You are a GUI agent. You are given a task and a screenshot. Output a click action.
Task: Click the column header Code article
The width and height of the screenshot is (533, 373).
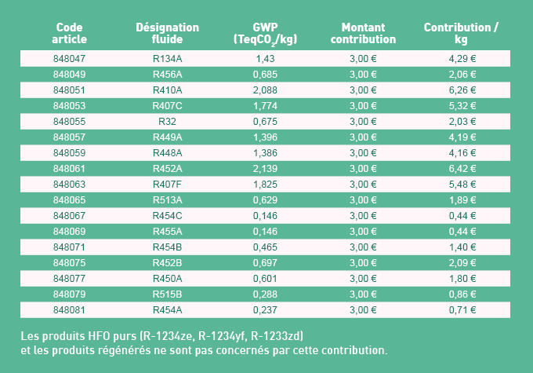click(70, 33)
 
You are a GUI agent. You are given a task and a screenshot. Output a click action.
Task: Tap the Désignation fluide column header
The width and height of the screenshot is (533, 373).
click(167, 33)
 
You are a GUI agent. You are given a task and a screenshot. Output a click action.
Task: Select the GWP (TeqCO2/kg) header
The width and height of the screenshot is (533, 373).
click(265, 33)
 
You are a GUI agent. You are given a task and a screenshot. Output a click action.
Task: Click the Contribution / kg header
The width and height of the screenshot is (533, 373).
click(461, 33)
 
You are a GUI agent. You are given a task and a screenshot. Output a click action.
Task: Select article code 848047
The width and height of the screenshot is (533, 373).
click(70, 59)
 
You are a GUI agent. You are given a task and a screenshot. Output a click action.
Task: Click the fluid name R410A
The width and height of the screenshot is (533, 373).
click(167, 90)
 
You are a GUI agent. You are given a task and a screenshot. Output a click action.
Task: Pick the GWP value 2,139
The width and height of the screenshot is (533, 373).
click(265, 168)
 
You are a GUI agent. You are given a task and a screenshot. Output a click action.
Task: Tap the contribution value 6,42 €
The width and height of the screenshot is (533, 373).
click(462, 168)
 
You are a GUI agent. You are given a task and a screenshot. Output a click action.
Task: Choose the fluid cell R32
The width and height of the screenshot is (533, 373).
click(167, 122)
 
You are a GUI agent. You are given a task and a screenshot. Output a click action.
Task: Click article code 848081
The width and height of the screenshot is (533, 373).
click(70, 309)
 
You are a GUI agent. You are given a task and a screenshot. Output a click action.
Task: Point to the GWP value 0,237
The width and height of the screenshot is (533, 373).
click(265, 309)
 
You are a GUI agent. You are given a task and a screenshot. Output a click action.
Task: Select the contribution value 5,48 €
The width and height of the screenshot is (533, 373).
click(462, 184)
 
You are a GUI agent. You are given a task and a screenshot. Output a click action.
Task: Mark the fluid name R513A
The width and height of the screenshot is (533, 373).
click(167, 199)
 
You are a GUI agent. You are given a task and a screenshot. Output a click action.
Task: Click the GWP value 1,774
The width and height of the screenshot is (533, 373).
click(265, 106)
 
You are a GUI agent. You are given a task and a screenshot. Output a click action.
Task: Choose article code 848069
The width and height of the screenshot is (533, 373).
click(70, 231)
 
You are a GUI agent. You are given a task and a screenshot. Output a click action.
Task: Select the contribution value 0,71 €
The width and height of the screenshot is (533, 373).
click(462, 309)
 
